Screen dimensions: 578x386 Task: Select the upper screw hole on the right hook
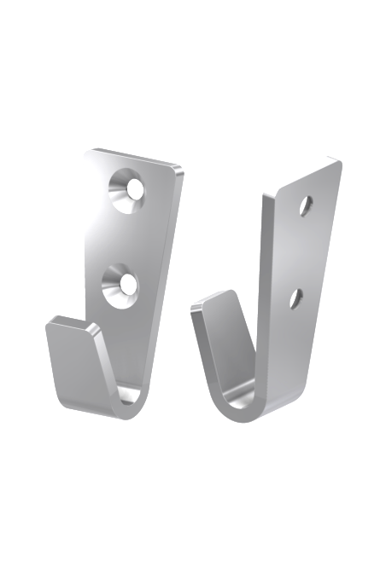click(x=305, y=205)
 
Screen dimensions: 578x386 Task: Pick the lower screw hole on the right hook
click(x=295, y=298)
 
